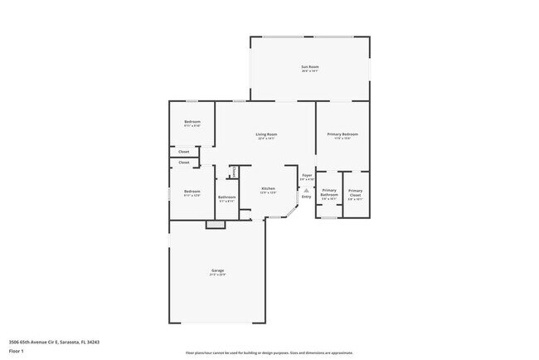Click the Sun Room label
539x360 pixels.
tap(309, 66)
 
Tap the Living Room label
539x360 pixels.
tap(265, 134)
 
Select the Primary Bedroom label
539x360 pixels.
tap(342, 134)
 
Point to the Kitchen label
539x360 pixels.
tap(268, 189)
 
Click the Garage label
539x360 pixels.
tap(217, 270)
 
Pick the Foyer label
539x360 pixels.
tap(307, 175)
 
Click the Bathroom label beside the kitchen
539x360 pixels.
tap(227, 197)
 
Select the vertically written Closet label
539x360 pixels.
tap(234, 171)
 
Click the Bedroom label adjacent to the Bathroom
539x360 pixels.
tap(192, 192)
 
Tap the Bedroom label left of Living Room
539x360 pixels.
tap(192, 122)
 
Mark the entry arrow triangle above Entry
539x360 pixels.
tap(307, 190)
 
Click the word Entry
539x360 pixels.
tap(307, 197)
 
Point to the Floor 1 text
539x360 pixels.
tap(16, 352)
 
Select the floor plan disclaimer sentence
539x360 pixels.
tap(269, 353)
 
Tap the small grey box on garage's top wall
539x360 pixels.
tap(216, 224)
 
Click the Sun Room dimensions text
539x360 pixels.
tap(309, 71)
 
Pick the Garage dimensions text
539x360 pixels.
tap(217, 275)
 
